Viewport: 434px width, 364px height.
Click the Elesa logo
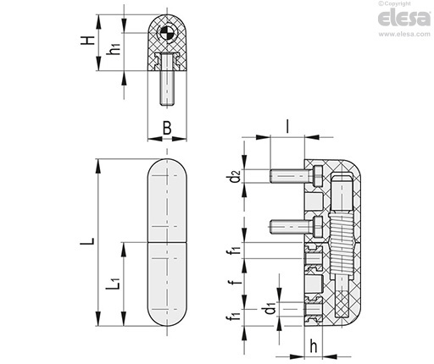pyautogui.click(x=404, y=19)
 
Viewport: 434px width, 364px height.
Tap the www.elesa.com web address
pyautogui.click(x=404, y=34)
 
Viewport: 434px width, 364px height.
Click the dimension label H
pyautogui.click(x=87, y=41)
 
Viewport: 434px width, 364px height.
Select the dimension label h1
pyautogui.click(x=115, y=48)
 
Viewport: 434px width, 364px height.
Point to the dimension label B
pyautogui.click(x=167, y=128)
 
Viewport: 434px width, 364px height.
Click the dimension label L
pyautogui.click(x=87, y=241)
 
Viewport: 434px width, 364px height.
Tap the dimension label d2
pyautogui.click(x=235, y=176)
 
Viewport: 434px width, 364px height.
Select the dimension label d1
pyautogui.click(x=270, y=308)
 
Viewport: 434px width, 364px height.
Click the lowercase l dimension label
pyautogui.click(x=287, y=126)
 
